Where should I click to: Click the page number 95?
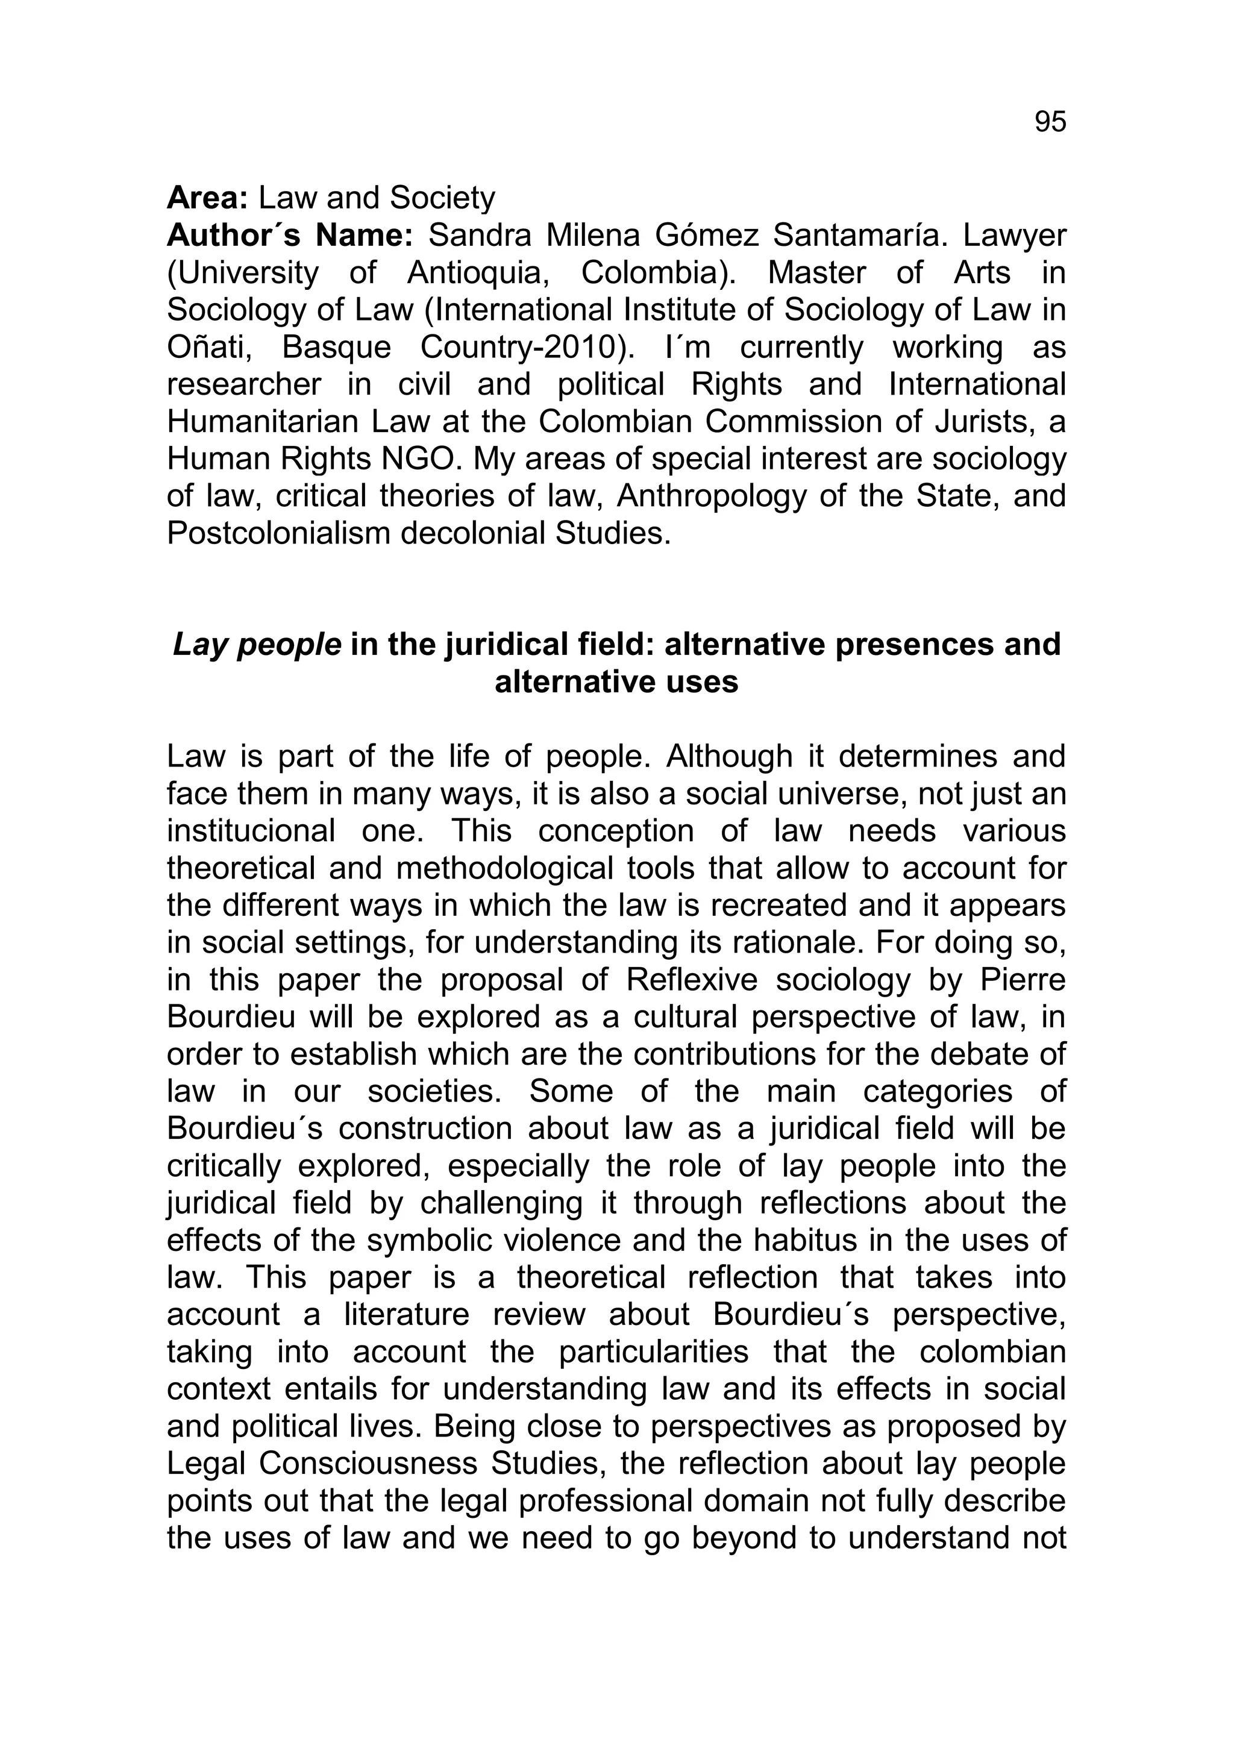tap(1050, 122)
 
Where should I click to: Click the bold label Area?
tap(207, 198)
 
